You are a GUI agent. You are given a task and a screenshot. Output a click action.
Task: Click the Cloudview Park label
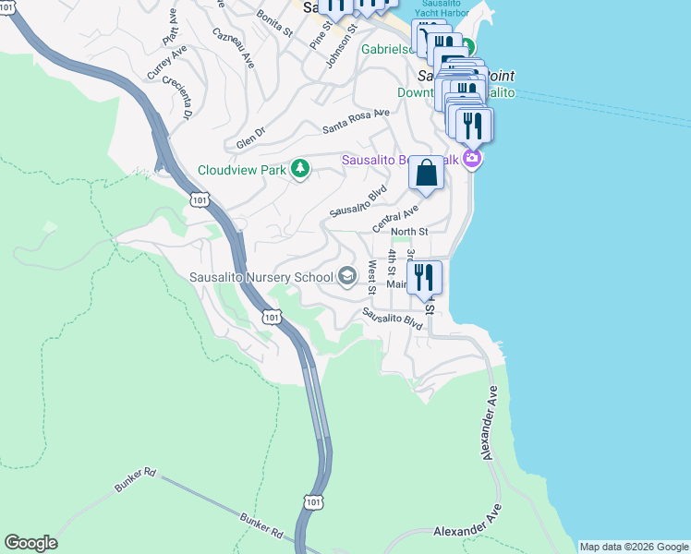coord(243,170)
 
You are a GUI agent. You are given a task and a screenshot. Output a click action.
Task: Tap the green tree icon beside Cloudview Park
coord(299,169)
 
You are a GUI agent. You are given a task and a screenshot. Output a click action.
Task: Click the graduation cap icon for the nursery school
coord(346,276)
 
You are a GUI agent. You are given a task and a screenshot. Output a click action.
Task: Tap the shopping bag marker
coord(426,173)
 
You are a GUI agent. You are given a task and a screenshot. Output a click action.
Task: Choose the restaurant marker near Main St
coord(424,278)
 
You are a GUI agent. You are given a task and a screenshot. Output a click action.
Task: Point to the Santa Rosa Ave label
coord(356,120)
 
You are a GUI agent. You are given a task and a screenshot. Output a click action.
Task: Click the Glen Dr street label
coord(250,138)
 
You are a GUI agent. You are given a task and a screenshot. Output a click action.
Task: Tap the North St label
coord(409,232)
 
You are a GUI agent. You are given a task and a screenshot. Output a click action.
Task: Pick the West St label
coord(371,275)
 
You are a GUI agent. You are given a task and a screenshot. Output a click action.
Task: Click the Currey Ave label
coord(166,62)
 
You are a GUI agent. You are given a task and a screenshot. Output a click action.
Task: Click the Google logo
coord(30,543)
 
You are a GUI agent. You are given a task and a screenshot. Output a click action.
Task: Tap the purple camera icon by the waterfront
coord(473,159)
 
